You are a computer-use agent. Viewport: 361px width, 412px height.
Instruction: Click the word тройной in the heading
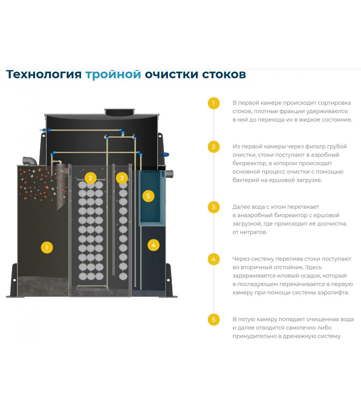[113, 75]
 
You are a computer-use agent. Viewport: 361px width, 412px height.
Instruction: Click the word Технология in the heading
[44, 74]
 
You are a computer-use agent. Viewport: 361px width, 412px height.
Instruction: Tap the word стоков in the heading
[224, 74]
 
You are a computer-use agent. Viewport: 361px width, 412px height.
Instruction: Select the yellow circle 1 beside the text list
[214, 103]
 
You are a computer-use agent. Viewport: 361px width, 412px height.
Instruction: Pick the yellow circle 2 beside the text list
[214, 147]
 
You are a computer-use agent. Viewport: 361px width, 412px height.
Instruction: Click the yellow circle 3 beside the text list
[214, 207]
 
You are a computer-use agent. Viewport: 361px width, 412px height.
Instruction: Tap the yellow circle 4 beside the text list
[214, 259]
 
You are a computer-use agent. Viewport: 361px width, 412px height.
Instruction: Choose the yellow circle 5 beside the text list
[214, 320]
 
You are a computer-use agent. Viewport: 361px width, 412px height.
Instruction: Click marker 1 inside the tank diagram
[47, 247]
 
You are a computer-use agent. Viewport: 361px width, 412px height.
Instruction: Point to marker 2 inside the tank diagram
[90, 178]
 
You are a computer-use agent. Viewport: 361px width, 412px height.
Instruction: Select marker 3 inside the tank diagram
[122, 178]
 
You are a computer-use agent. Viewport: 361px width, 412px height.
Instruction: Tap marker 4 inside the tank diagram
[154, 245]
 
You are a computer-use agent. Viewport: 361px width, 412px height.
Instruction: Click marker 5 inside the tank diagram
[148, 196]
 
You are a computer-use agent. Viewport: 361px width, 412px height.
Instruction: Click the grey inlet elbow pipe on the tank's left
[30, 160]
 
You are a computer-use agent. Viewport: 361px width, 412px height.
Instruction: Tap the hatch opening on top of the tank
[120, 112]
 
